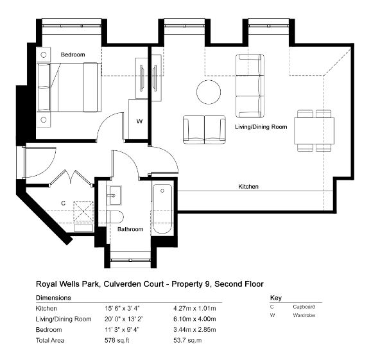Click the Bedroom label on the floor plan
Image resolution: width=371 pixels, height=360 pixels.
pos(73,55)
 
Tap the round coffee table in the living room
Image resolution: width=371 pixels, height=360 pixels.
pos(209,92)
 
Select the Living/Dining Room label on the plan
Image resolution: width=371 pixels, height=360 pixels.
pos(261,127)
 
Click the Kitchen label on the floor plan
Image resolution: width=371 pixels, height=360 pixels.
pos(248,187)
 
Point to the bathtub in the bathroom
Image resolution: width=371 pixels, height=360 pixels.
pos(162,209)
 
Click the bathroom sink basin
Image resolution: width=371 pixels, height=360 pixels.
pos(116,195)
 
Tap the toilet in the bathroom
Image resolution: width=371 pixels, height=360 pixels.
pos(115,217)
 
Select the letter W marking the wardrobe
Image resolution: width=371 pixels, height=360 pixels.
pos(139,121)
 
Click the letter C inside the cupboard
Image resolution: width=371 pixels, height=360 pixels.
pos(63,203)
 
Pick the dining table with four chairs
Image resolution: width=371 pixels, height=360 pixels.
pos(315,131)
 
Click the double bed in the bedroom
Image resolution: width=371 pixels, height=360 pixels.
pos(69,87)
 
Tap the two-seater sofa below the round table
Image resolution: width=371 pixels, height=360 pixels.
pos(204,130)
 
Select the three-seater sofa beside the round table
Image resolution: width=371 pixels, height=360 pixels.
pos(250,85)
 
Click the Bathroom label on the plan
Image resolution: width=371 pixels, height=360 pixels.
pos(130,229)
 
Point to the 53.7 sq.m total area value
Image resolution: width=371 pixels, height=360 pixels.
pos(187,340)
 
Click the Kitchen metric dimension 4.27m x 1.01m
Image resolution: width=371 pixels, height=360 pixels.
pos(194,309)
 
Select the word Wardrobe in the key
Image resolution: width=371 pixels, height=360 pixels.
pos(304,315)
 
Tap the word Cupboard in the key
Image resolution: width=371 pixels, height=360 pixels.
pos(304,307)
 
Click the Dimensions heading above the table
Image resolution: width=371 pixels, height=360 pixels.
pos(53,298)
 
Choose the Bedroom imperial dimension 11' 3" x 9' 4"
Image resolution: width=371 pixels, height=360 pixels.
pos(122,329)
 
